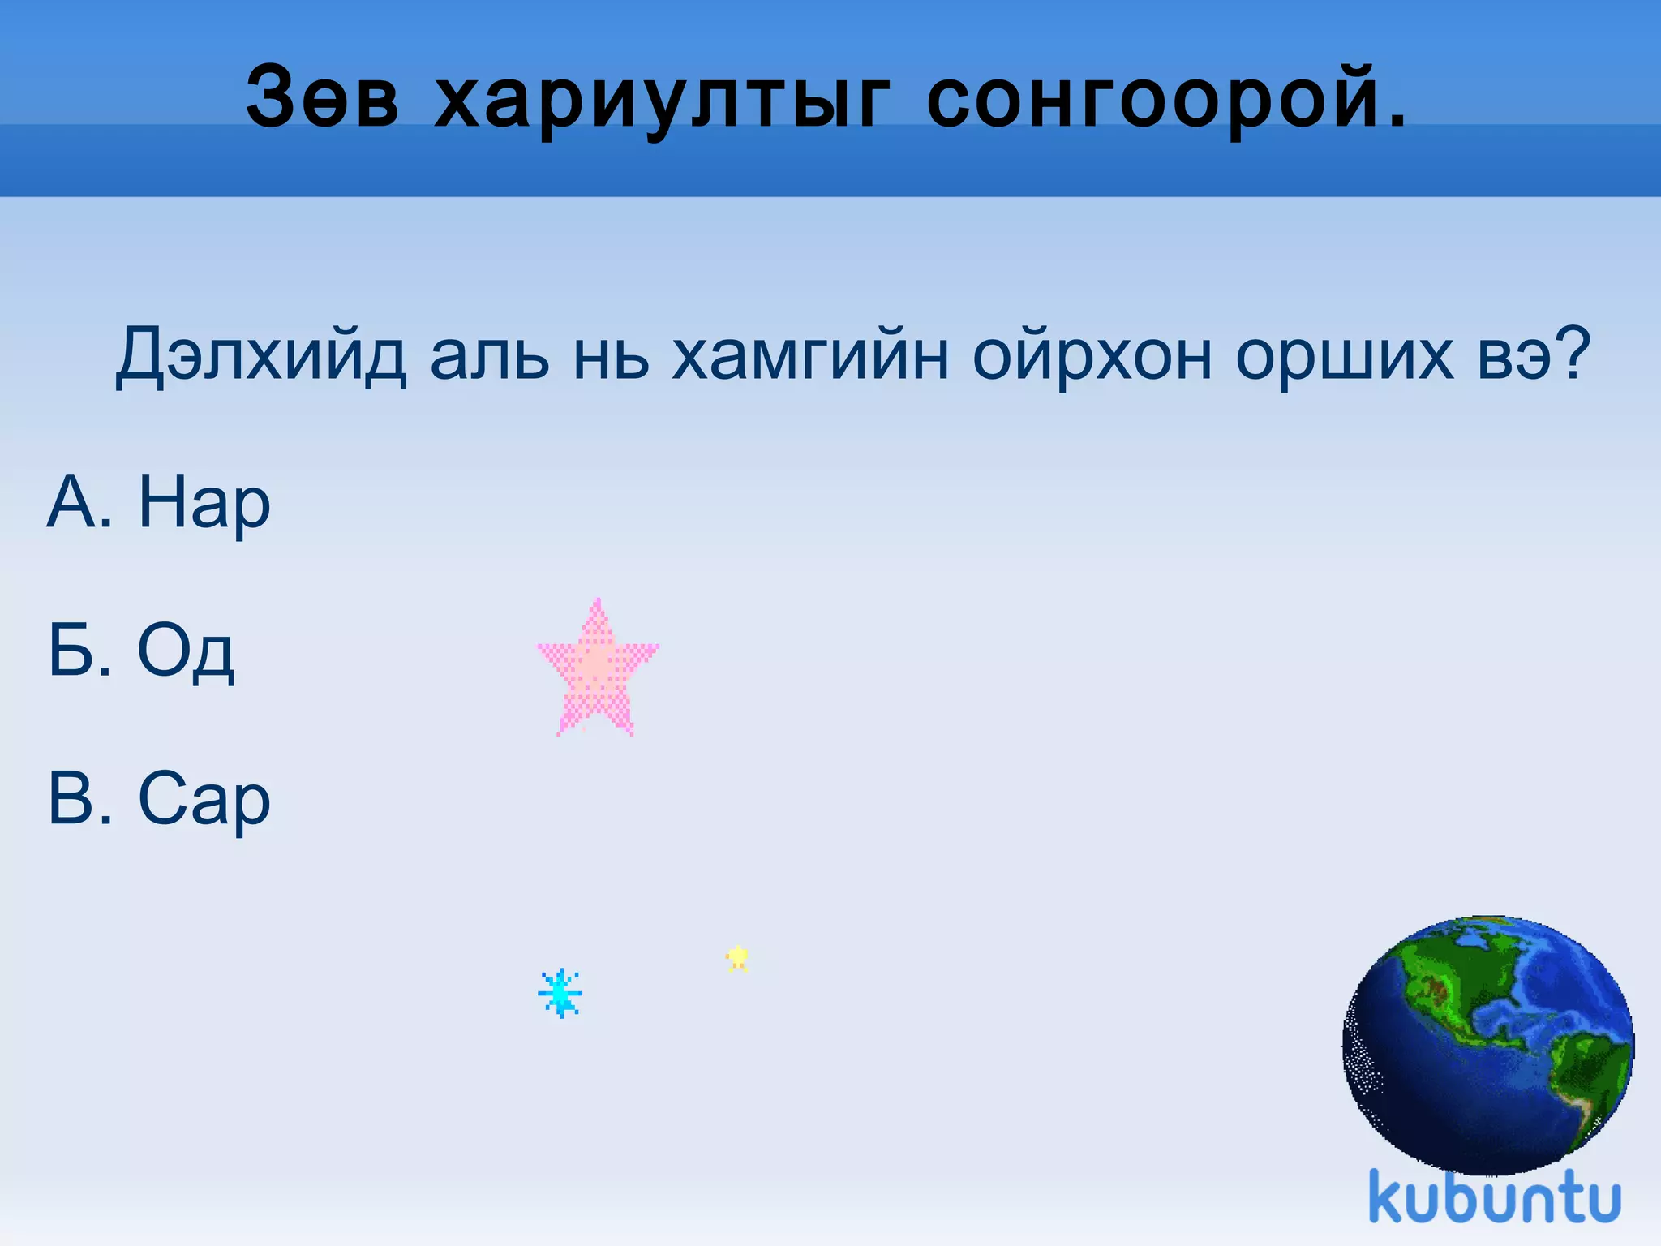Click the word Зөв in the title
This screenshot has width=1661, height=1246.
pos(322,97)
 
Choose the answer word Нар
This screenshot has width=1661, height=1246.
pos(204,503)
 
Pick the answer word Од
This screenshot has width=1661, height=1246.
pos(187,651)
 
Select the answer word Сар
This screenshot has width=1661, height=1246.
pos(204,800)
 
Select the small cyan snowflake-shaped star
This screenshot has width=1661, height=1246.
pos(560,993)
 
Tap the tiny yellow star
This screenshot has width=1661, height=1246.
pos(737,959)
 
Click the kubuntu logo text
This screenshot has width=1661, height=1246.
pos(1495,1197)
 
